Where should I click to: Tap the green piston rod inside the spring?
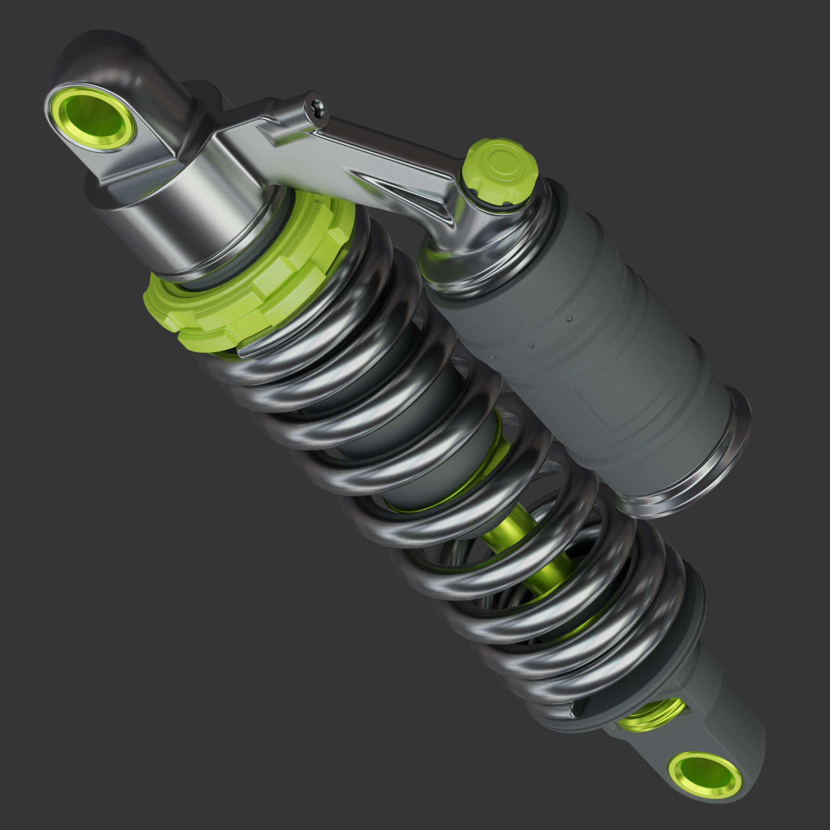point(537,554)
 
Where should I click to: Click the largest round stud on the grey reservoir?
point(569,319)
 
